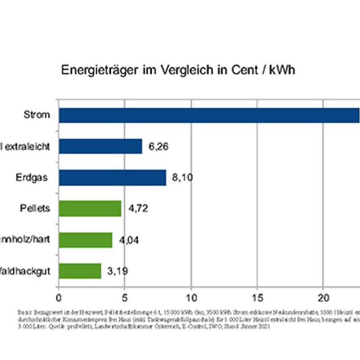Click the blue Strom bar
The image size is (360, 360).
tap(209, 115)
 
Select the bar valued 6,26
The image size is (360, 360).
tap(100, 146)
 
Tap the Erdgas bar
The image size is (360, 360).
tap(112, 178)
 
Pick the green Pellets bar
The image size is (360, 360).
tap(90, 209)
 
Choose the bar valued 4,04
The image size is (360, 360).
tap(85, 240)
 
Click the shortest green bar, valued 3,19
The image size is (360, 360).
tap(80, 271)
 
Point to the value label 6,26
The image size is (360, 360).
tap(158, 146)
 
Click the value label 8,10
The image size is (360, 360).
tap(182, 178)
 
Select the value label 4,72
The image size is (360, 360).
tap(138, 209)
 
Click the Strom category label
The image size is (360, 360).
tap(37, 115)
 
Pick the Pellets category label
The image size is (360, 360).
tap(35, 208)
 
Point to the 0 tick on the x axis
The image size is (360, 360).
tap(58, 298)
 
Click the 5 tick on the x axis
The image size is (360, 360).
tap(125, 298)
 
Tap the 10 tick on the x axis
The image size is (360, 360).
tap(191, 298)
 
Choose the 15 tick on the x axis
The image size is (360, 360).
tap(257, 298)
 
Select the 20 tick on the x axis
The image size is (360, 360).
tap(323, 298)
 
